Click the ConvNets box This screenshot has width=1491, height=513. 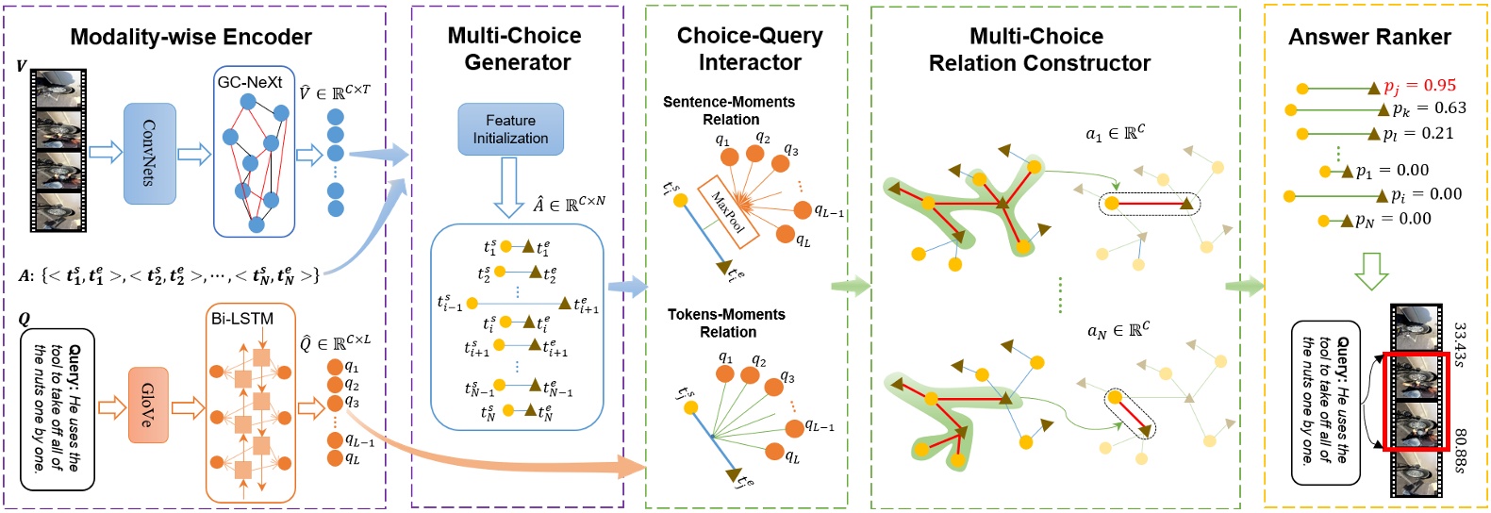click(x=150, y=154)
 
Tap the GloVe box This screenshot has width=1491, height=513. click(x=148, y=406)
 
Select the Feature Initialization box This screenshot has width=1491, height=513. click(x=510, y=129)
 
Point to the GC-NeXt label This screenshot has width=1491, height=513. click(x=250, y=82)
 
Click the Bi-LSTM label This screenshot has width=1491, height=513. click(x=242, y=319)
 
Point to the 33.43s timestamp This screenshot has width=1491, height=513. click(x=1460, y=345)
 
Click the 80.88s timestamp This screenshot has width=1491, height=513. click(x=1460, y=452)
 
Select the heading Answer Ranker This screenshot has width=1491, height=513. click(x=1369, y=37)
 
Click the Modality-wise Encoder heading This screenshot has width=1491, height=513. click(x=191, y=37)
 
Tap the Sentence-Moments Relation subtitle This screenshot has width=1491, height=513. click(x=729, y=110)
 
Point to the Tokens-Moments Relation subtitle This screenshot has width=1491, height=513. click(x=727, y=323)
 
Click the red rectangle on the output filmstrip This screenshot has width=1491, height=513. click(x=1415, y=402)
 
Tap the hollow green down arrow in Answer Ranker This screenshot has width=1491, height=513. click(x=1370, y=271)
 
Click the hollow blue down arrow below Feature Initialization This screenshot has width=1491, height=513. click(x=509, y=187)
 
